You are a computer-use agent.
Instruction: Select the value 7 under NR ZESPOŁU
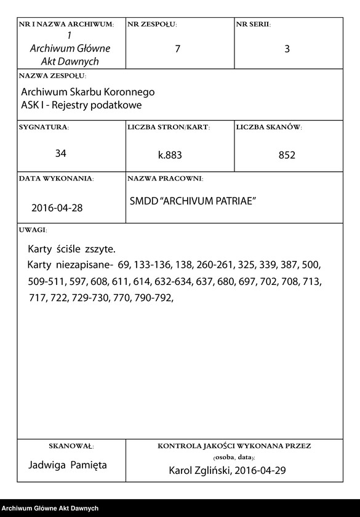[178, 49]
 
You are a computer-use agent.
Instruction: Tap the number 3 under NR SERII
[287, 49]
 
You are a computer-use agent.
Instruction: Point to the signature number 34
[61, 153]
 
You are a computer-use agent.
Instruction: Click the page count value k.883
[170, 156]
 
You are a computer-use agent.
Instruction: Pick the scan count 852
[287, 156]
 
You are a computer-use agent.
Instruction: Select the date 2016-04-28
[57, 208]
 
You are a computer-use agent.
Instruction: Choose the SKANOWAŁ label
[71, 446]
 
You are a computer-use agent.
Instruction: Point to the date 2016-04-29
[261, 471]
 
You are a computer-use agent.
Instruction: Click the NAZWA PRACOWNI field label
[165, 178]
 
